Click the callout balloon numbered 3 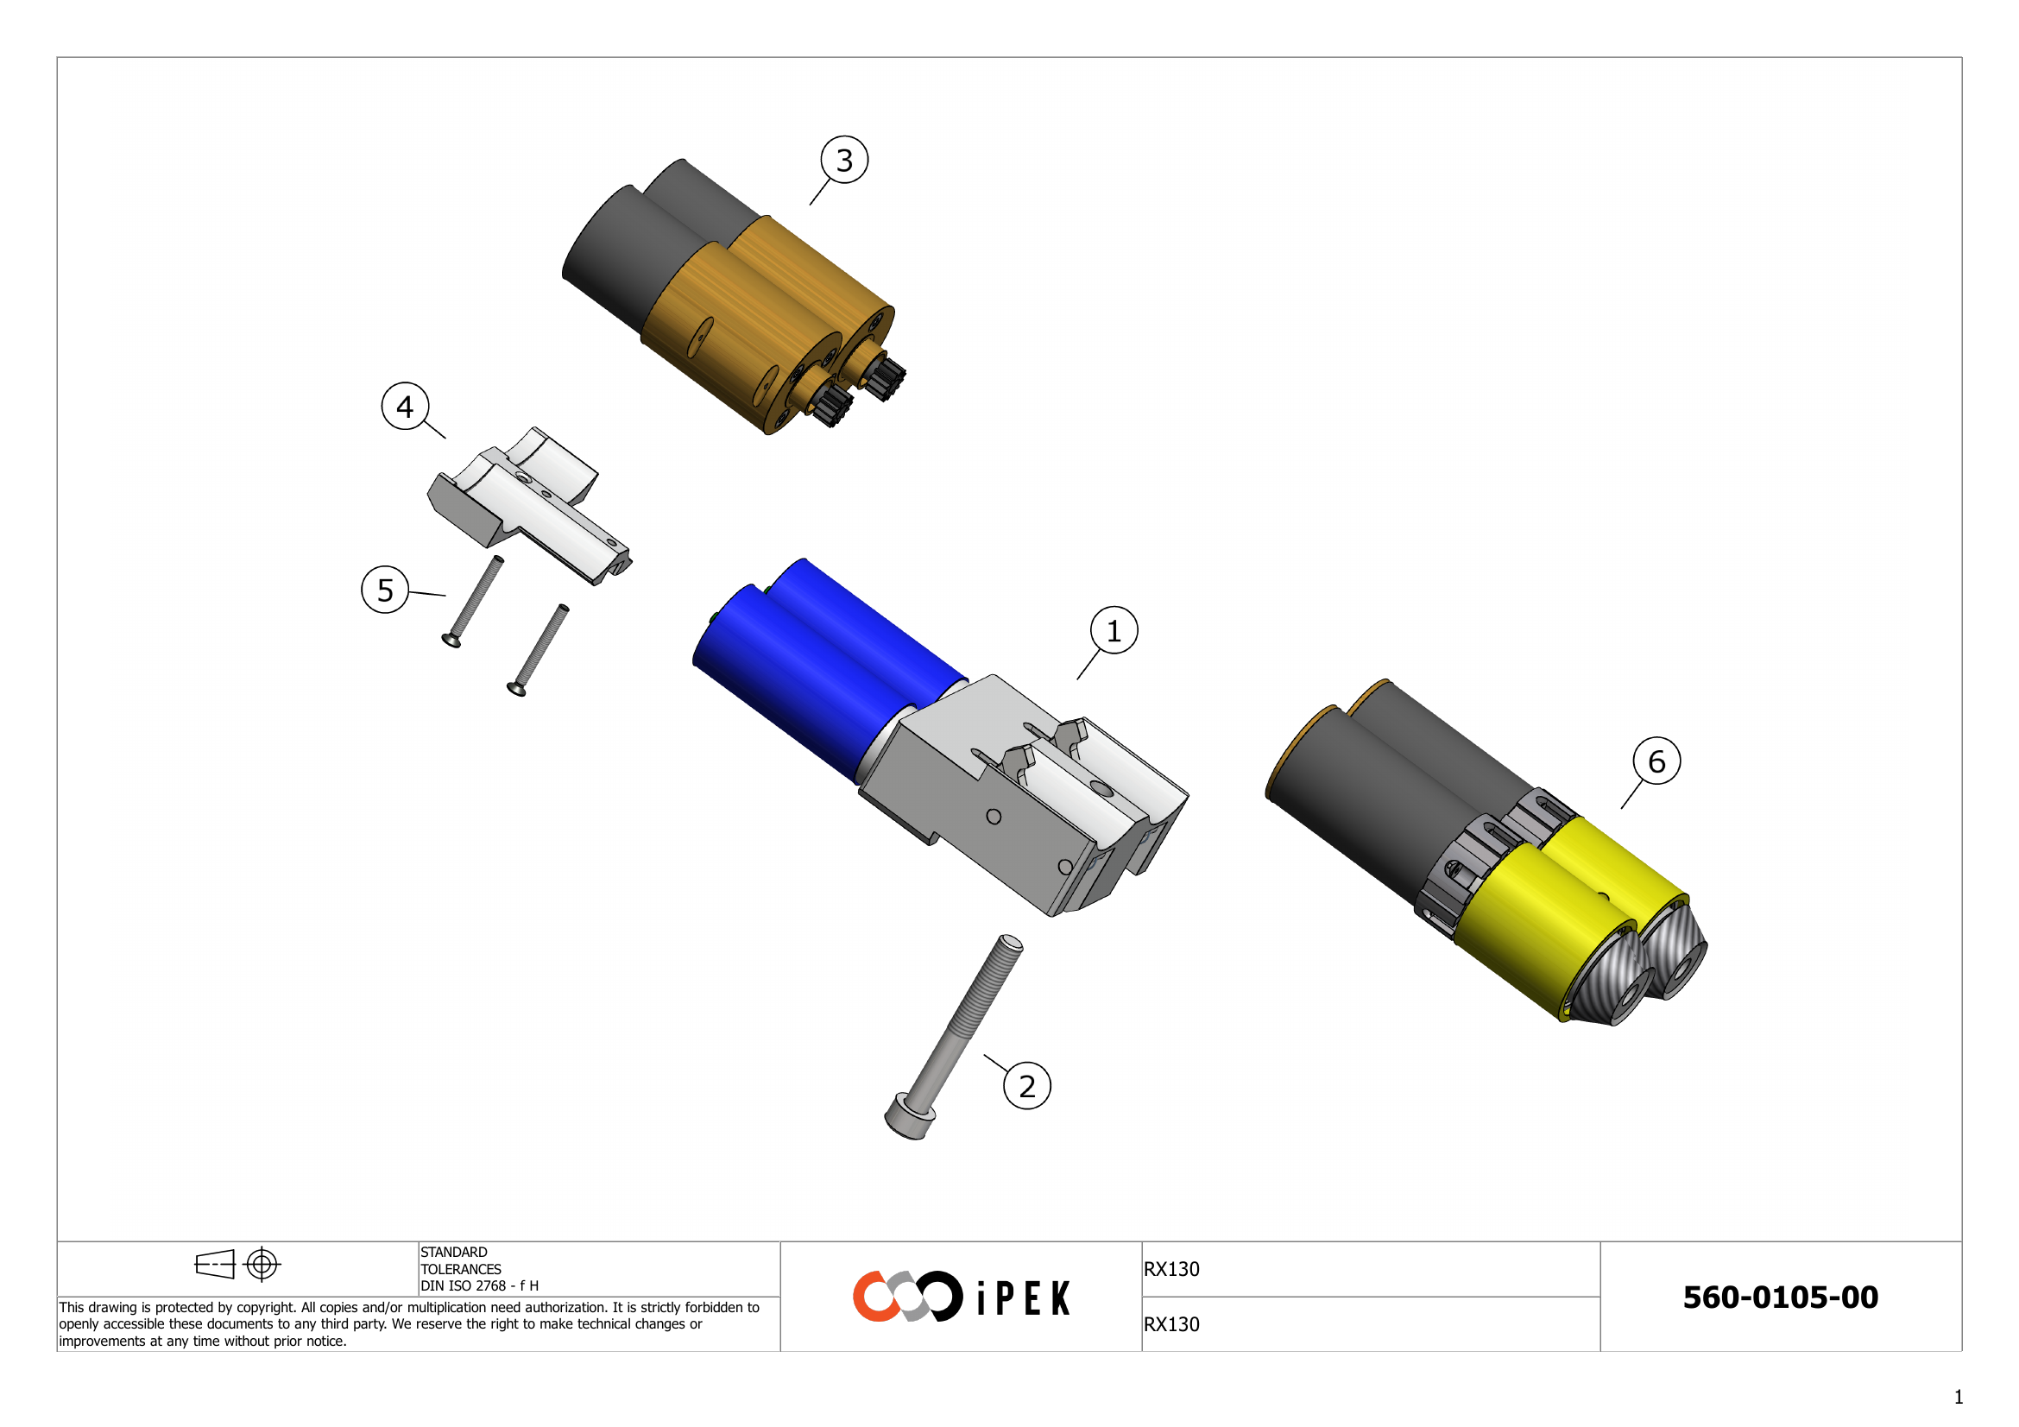[x=844, y=160]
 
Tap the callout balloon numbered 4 [x=405, y=407]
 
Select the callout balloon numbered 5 [x=385, y=589]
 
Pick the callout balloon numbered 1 [x=1114, y=630]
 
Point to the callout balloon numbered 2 [x=1026, y=1086]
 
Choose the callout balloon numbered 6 [x=1656, y=761]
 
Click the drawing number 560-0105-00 [x=1780, y=1297]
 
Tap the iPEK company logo [x=960, y=1296]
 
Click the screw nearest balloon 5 [x=475, y=603]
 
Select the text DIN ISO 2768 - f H [x=479, y=1285]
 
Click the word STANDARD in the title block [x=454, y=1252]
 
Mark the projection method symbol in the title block [x=237, y=1265]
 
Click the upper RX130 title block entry [x=1171, y=1269]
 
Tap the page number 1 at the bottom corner [x=1959, y=1397]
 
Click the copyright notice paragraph [x=409, y=1324]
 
